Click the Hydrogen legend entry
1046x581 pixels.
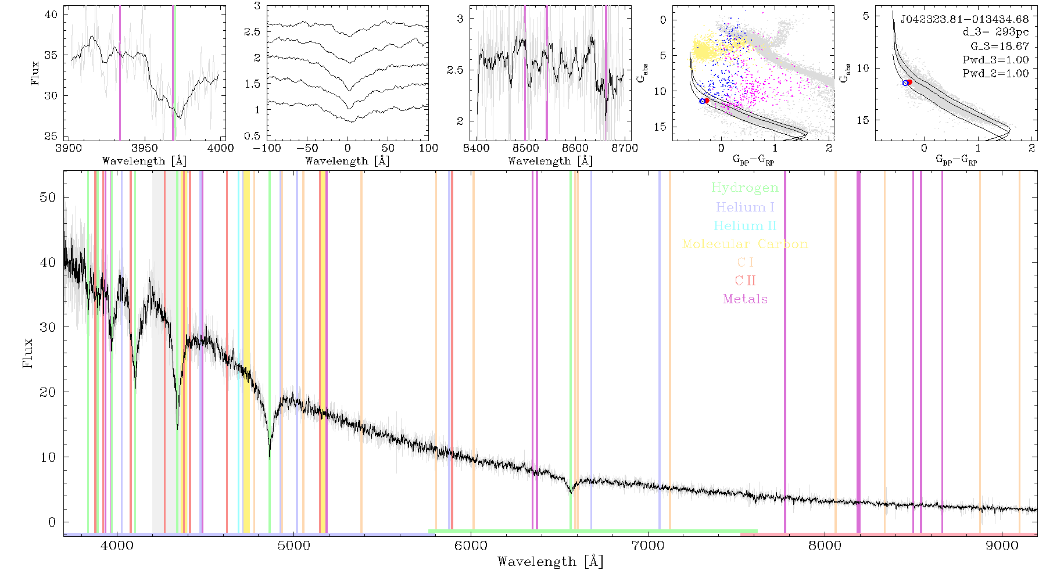744,188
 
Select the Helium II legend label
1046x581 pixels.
745,225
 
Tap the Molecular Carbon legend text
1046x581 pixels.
745,244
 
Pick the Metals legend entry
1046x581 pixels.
745,299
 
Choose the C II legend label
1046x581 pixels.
745,281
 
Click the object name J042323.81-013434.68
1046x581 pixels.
965,19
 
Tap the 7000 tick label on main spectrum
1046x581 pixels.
648,546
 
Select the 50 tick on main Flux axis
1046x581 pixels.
48,197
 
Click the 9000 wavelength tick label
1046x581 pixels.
1002,546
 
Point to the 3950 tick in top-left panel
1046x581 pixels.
145,148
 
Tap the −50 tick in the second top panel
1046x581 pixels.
307,148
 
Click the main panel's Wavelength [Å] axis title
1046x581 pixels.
550,562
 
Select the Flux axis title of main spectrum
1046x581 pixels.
27,353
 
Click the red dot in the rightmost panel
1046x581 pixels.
909,82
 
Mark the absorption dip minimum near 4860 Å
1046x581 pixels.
270,459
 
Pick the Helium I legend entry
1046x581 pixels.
745,207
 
